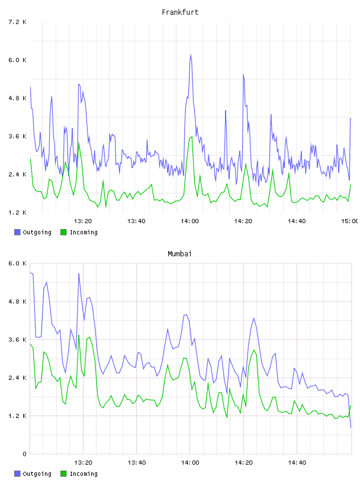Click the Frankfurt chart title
pyautogui.click(x=180, y=12)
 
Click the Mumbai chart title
pyautogui.click(x=179, y=254)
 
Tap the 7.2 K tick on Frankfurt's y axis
pyautogui.click(x=17, y=22)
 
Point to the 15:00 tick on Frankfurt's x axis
pyautogui.click(x=350, y=221)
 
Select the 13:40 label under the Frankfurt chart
pyautogui.click(x=136, y=221)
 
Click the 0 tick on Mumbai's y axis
pyautogui.click(x=24, y=454)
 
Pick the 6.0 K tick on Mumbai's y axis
pyautogui.click(x=17, y=263)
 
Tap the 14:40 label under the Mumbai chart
pyautogui.click(x=297, y=462)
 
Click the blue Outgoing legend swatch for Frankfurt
pyautogui.click(x=17, y=232)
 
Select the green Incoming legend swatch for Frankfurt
pyautogui.click(x=63, y=232)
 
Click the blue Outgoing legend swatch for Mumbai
pyautogui.click(x=17, y=474)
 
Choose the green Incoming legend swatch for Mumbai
pyautogui.click(x=63, y=474)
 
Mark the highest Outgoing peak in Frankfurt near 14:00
pyautogui.click(x=191, y=55)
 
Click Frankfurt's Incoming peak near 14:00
pyautogui.click(x=192, y=137)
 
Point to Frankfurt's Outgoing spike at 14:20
pyautogui.click(x=243, y=74)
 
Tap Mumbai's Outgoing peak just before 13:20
pyautogui.click(x=79, y=274)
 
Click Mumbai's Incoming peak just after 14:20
pyautogui.click(x=254, y=350)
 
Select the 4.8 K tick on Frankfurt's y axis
pyautogui.click(x=17, y=98)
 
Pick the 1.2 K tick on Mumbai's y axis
pyautogui.click(x=17, y=416)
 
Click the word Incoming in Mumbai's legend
pyautogui.click(x=83, y=474)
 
